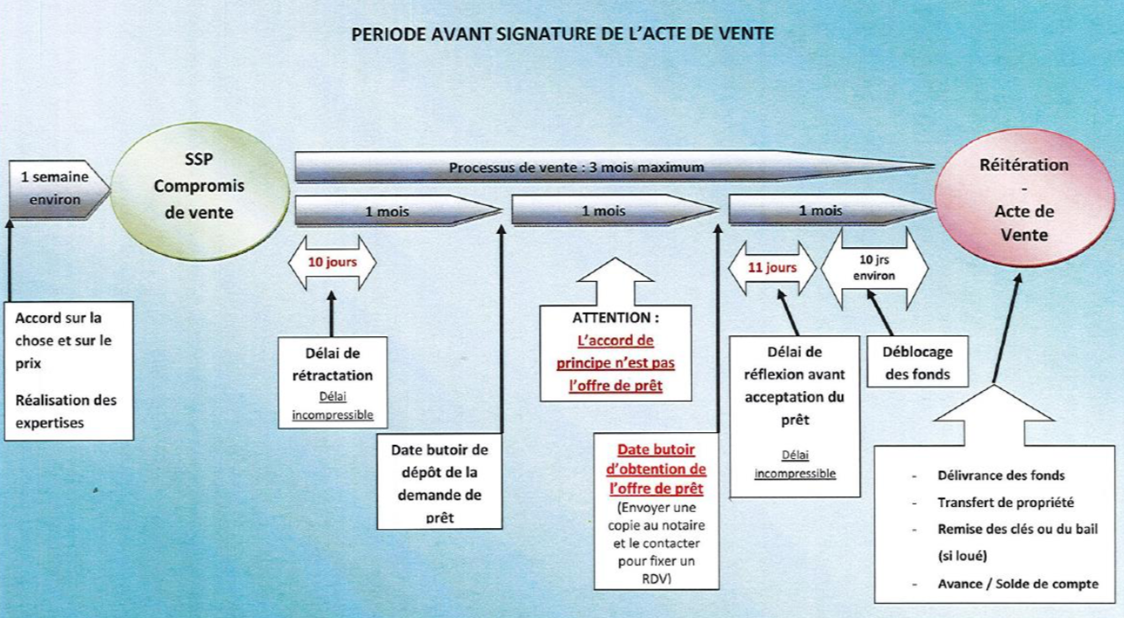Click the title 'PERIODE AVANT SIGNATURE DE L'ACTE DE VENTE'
pyautogui.click(x=562, y=34)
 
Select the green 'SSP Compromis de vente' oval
pyautogui.click(x=200, y=191)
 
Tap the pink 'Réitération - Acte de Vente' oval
pyautogui.click(x=1024, y=198)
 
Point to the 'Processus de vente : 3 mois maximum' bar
pyautogui.click(x=615, y=166)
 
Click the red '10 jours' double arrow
pyautogui.click(x=332, y=262)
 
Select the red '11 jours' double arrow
pyautogui.click(x=773, y=267)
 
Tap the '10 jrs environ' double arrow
pyautogui.click(x=874, y=268)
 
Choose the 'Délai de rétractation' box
pyautogui.click(x=333, y=383)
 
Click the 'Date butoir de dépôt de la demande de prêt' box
pyautogui.click(x=440, y=482)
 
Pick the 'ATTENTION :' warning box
pyautogui.click(x=615, y=353)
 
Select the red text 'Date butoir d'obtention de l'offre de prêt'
pyautogui.click(x=656, y=469)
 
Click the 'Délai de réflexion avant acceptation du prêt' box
pyautogui.click(x=794, y=416)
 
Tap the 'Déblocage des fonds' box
pyautogui.click(x=918, y=362)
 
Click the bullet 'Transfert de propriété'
pyautogui.click(x=1005, y=503)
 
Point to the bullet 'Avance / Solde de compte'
pyautogui.click(x=1018, y=584)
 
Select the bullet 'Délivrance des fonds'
pyautogui.click(x=1001, y=475)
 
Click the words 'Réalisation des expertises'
pyautogui.click(x=66, y=411)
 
